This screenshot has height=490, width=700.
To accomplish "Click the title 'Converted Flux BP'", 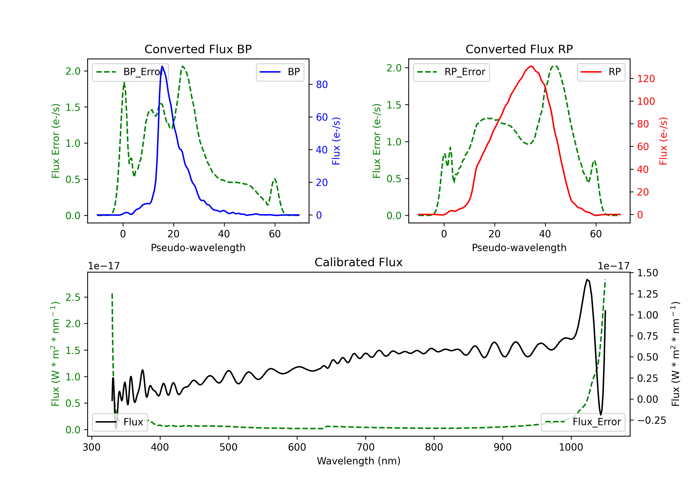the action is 198,49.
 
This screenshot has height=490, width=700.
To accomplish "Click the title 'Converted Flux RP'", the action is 519,49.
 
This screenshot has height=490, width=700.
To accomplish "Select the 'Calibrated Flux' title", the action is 359,262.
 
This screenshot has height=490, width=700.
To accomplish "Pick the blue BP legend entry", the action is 280,72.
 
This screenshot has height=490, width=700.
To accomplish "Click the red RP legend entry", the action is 601,72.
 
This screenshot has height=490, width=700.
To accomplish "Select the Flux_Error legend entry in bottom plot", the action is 583,422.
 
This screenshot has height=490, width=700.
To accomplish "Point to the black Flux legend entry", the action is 119,422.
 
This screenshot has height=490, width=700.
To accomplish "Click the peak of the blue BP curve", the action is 162,66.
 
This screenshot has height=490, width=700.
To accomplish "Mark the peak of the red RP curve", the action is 531,66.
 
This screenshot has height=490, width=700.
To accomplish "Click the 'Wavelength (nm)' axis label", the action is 359,461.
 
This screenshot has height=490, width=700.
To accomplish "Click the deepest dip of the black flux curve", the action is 116,428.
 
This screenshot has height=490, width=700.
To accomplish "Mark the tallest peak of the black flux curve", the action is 587,279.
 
